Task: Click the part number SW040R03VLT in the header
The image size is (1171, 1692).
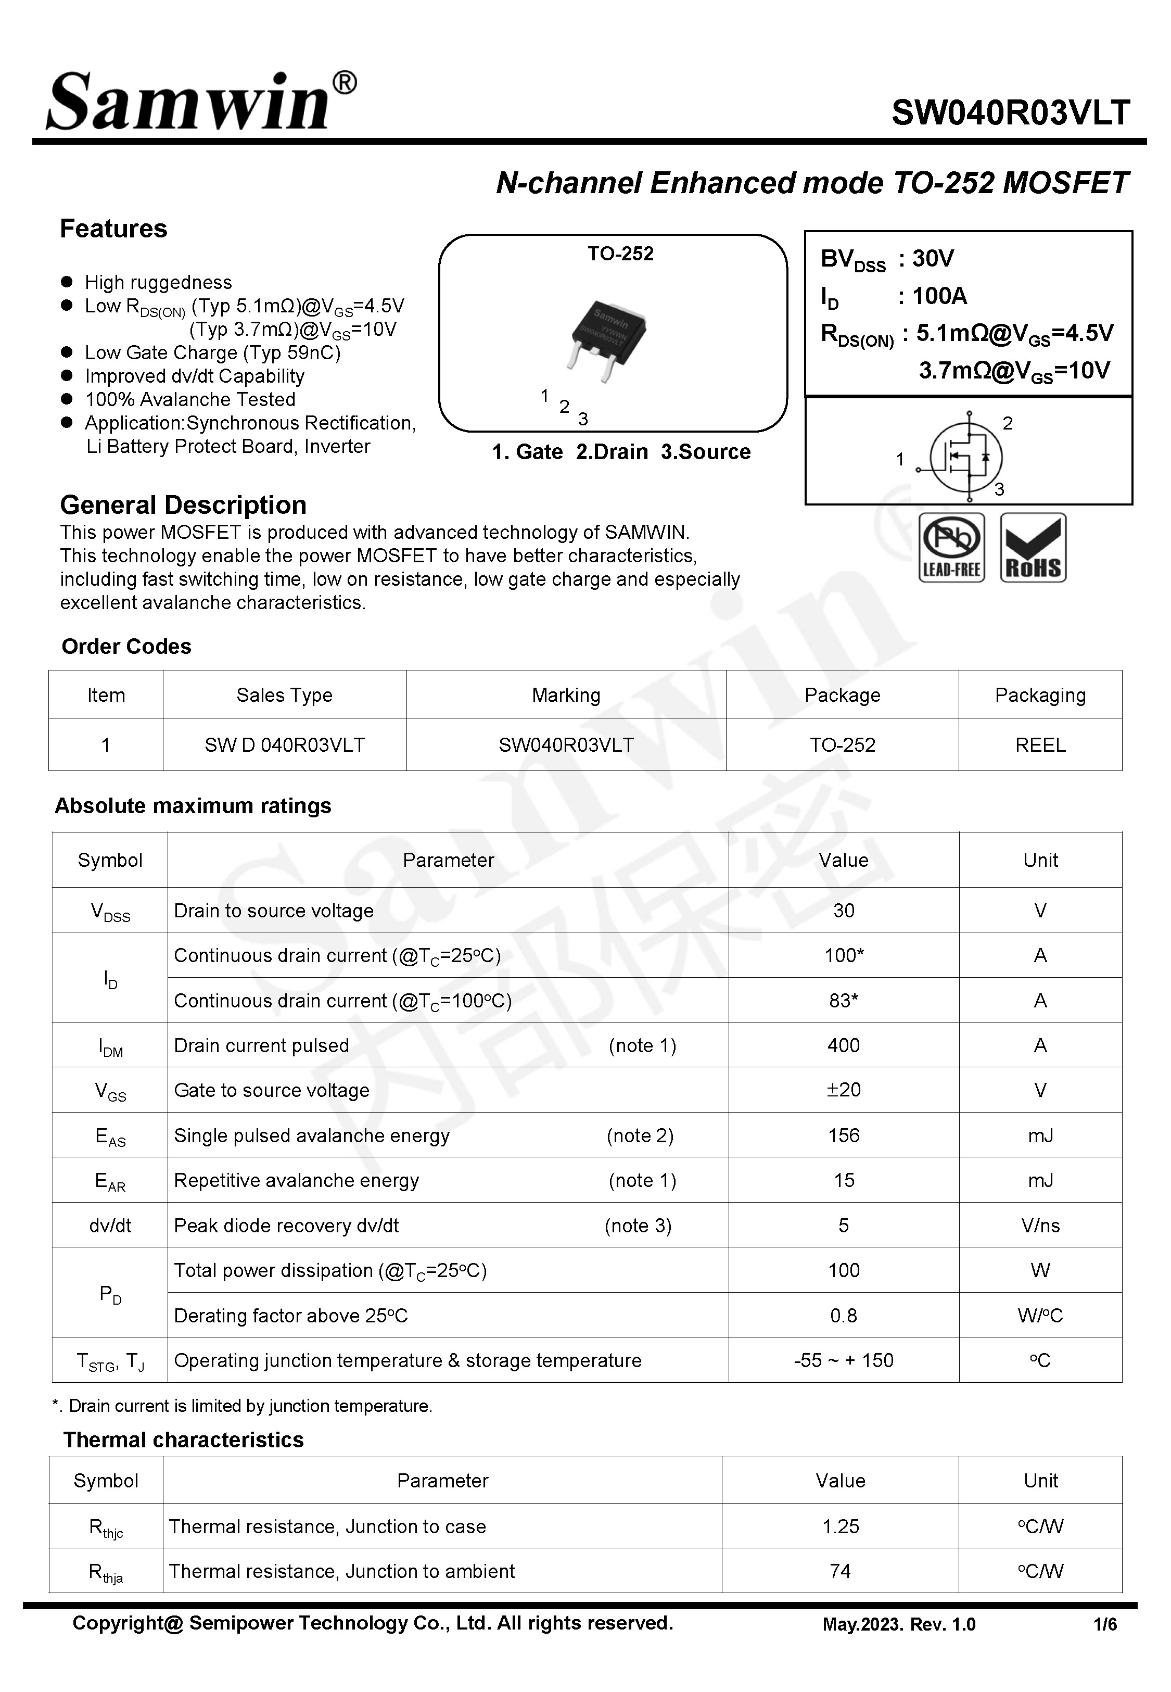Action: (1010, 113)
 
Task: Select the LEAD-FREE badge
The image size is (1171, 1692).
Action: (951, 547)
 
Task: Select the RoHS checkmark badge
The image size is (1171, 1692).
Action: (1033, 547)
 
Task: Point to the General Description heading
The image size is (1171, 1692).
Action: (183, 505)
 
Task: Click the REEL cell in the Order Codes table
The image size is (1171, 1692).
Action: (1040, 745)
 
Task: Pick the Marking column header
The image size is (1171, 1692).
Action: (566, 695)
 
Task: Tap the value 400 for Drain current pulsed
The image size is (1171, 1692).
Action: (843, 1045)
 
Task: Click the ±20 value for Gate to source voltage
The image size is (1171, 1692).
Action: (843, 1090)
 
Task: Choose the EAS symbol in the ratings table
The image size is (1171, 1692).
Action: (110, 1136)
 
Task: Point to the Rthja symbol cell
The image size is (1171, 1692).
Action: (106, 1572)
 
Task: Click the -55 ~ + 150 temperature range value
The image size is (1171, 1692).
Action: (843, 1360)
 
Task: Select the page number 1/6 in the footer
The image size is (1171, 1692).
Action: (1104, 1624)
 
